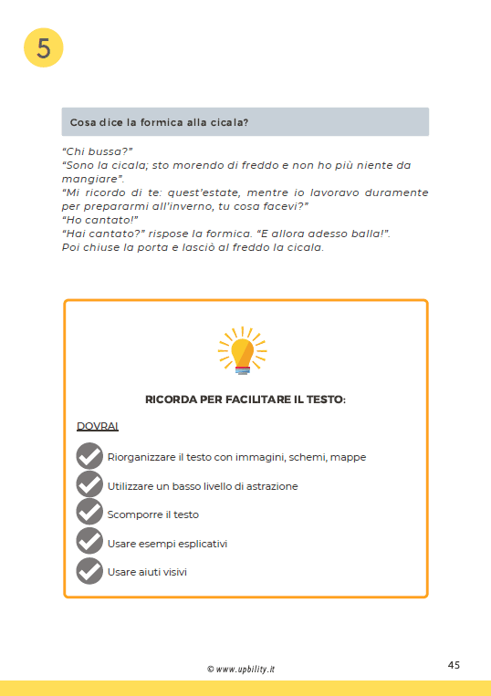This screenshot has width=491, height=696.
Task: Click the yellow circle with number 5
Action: point(43,47)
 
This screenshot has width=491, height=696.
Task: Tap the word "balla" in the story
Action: point(362,234)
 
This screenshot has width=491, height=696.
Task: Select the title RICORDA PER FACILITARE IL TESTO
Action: point(245,400)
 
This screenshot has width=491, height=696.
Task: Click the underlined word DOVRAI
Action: point(98,426)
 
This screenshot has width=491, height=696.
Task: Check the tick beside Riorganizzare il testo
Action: point(89,456)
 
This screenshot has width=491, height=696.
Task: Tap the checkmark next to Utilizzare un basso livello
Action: point(89,485)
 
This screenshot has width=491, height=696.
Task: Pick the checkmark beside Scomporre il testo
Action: point(89,514)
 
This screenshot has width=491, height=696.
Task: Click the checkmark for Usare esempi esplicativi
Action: point(89,543)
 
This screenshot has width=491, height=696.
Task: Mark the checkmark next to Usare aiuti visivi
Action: point(89,571)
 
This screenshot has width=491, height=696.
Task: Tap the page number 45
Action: point(454,664)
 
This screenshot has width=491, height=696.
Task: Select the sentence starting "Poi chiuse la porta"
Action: point(193,247)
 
